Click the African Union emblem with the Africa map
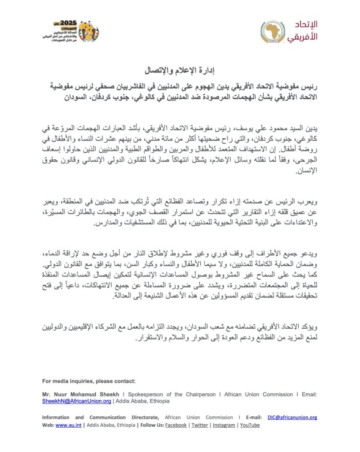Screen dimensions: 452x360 coord(274,32)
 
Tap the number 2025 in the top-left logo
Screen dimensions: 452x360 coord(68,23)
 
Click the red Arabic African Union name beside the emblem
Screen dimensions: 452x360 coord(303,31)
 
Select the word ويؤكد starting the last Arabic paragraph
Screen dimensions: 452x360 coord(307,328)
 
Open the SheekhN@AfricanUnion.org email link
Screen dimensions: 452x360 coord(76,401)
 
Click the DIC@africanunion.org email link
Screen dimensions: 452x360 coord(292,417)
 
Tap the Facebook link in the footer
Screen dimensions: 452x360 coord(176,425)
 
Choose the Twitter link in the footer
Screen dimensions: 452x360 coord(199,425)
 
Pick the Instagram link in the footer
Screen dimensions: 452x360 coord(224,425)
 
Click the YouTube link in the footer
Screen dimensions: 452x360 coord(250,425)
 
